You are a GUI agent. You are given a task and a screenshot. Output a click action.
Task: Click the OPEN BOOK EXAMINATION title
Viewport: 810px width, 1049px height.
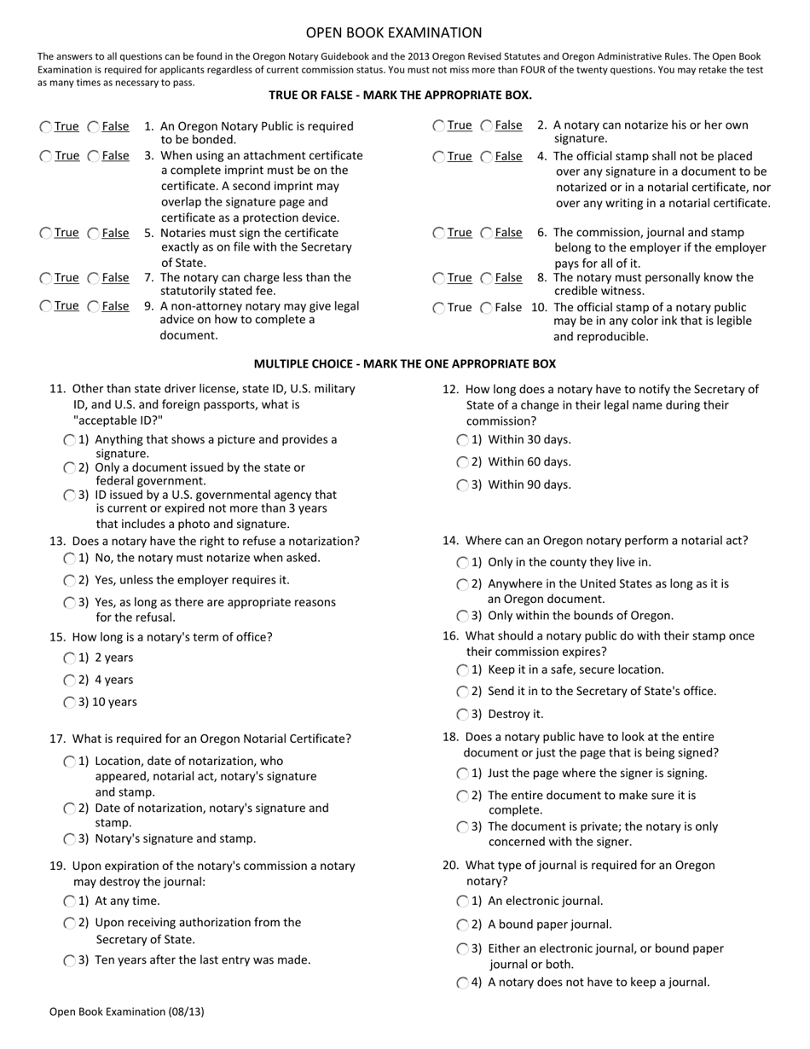pos(394,33)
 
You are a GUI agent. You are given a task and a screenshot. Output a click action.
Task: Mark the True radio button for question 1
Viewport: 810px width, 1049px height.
pos(45,127)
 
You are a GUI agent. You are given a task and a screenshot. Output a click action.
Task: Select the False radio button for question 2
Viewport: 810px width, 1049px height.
pos(487,126)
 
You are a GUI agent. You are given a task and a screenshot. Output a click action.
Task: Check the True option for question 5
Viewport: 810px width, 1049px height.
pos(45,234)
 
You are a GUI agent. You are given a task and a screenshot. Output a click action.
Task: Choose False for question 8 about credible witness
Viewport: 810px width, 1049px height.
pos(487,278)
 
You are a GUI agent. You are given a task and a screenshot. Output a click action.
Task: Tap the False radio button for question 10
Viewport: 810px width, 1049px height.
pos(487,308)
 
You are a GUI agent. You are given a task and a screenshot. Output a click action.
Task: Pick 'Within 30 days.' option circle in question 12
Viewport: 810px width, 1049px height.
pos(463,440)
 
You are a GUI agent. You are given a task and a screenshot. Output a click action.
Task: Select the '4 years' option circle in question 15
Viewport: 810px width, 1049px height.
pos(70,681)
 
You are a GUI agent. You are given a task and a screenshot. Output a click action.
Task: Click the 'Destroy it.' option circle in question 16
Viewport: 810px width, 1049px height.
pos(463,715)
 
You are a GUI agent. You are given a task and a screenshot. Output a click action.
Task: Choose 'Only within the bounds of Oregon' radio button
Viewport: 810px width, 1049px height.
pos(463,616)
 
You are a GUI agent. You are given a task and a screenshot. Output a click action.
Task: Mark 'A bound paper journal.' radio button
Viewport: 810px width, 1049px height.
pos(463,925)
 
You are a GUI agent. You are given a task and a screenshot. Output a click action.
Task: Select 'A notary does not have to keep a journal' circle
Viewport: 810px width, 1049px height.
pos(463,982)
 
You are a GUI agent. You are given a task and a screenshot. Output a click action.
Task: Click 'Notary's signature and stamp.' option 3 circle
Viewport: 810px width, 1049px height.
pos(70,839)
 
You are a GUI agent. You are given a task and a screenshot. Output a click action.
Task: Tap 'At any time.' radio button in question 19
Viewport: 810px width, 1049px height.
pos(70,901)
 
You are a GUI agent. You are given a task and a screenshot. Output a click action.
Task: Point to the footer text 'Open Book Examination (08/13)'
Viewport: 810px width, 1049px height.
pos(126,1012)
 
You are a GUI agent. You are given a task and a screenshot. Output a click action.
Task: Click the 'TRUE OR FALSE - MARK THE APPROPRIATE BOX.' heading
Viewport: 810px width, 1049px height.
pos(400,96)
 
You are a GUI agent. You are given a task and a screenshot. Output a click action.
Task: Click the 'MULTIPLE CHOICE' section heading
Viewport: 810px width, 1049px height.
pos(404,364)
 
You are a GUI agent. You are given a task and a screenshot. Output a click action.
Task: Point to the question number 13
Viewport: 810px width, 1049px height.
pos(57,542)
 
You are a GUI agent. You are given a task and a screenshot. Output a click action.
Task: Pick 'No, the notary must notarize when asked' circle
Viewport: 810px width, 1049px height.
pos(70,559)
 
